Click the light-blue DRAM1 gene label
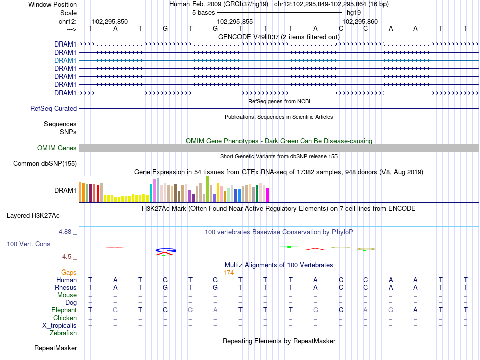tap(65, 60)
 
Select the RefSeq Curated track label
tap(54, 109)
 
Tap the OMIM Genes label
tap(57, 148)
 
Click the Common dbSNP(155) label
tap(45, 164)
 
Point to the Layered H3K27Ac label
tap(33, 216)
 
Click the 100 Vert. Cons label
tap(28, 244)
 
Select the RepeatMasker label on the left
tap(56, 348)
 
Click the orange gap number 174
tap(229, 273)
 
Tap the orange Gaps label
tap(69, 273)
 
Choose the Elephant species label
tap(64, 310)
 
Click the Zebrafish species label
tap(63, 333)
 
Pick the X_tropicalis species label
tap(60, 326)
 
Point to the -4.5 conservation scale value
tap(66, 257)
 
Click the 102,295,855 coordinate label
tap(235, 21)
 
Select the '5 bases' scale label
tap(204, 13)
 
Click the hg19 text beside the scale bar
tap(354, 13)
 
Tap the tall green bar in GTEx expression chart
tap(208, 189)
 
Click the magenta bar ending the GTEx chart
tap(268, 195)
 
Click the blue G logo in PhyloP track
tap(166, 250)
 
